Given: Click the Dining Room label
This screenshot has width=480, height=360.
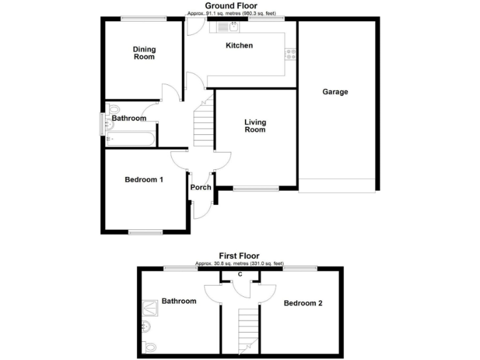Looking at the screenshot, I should (144, 53).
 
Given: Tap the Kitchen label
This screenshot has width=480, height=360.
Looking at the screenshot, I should (239, 46).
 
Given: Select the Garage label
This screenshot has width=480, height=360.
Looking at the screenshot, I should (335, 92).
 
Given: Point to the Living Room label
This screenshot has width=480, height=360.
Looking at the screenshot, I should (255, 126).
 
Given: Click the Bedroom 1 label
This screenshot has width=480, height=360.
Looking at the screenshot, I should (144, 180).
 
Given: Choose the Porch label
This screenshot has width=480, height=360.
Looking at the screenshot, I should (201, 187).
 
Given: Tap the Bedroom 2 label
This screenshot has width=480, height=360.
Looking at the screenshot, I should (303, 304).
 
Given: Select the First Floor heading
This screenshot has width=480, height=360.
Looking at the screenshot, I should (239, 256).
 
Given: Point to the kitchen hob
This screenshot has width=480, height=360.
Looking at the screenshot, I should (290, 55).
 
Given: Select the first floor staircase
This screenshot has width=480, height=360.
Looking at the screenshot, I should (248, 331).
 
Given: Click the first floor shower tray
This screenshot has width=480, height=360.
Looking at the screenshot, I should (150, 308).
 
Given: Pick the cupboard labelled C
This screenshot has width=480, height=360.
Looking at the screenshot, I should (241, 275).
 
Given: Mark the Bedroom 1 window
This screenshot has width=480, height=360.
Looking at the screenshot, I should (146, 232).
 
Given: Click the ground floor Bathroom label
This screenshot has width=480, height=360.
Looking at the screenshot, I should (129, 118).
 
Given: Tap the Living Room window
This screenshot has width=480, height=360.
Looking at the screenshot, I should (256, 187).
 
